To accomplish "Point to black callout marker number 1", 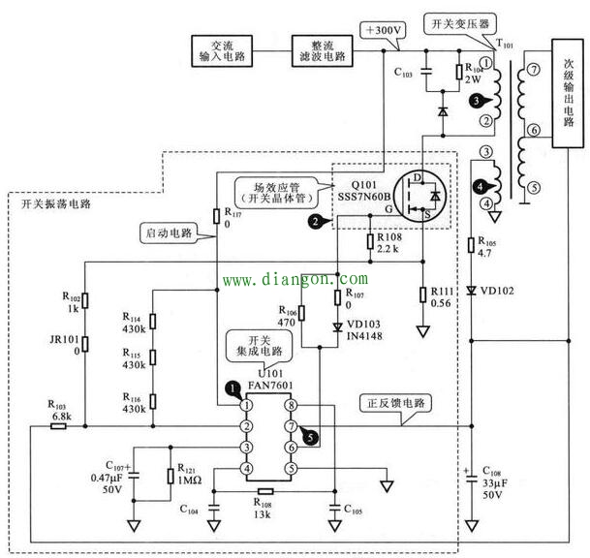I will pyautogui.click(x=233, y=387).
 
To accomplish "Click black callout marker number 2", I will pyautogui.click(x=316, y=222).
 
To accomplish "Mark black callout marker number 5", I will pyautogui.click(x=307, y=437).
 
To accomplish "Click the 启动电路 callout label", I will pyautogui.click(x=166, y=232).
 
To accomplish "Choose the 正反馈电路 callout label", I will pyautogui.click(x=391, y=401).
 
